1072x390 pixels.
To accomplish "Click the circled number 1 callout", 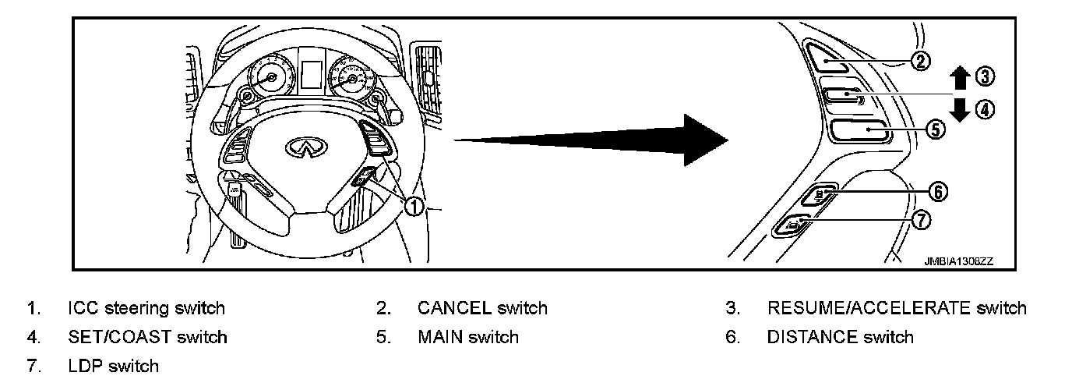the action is [x=414, y=206].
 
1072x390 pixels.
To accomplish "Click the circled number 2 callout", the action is [x=921, y=61].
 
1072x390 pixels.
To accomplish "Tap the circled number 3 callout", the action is [x=986, y=76].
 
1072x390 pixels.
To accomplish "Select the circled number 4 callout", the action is [x=986, y=110].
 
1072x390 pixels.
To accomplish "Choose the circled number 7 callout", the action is [x=921, y=221].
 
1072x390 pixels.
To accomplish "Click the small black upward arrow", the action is [x=960, y=78].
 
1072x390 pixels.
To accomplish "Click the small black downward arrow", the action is [x=960, y=108].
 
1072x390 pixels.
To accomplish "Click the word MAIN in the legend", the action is [x=439, y=338].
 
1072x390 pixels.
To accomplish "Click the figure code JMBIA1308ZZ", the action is [x=958, y=261].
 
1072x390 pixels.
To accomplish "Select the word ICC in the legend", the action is [x=82, y=308].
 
